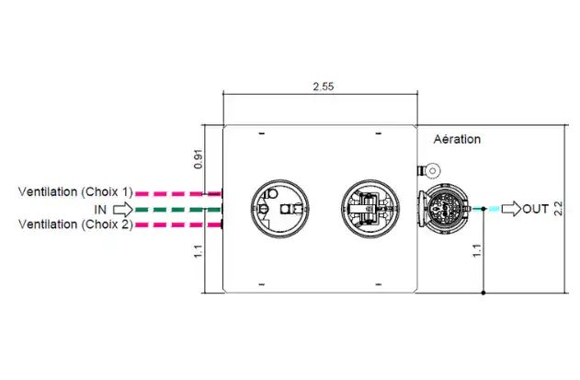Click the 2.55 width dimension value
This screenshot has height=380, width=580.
pos(324,86)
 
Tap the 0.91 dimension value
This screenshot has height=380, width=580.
pos(199,159)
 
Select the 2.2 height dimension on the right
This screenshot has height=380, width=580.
pos(558,209)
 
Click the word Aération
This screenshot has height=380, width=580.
pos(457,139)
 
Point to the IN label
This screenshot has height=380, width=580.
pos(100,210)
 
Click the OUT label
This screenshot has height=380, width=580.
pos(535,209)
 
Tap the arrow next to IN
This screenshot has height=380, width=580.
pos(123,210)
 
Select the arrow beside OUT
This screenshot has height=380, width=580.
pos(511,209)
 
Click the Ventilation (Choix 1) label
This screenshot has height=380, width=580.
pos(75,192)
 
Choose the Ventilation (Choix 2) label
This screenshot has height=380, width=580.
pos(75,225)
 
